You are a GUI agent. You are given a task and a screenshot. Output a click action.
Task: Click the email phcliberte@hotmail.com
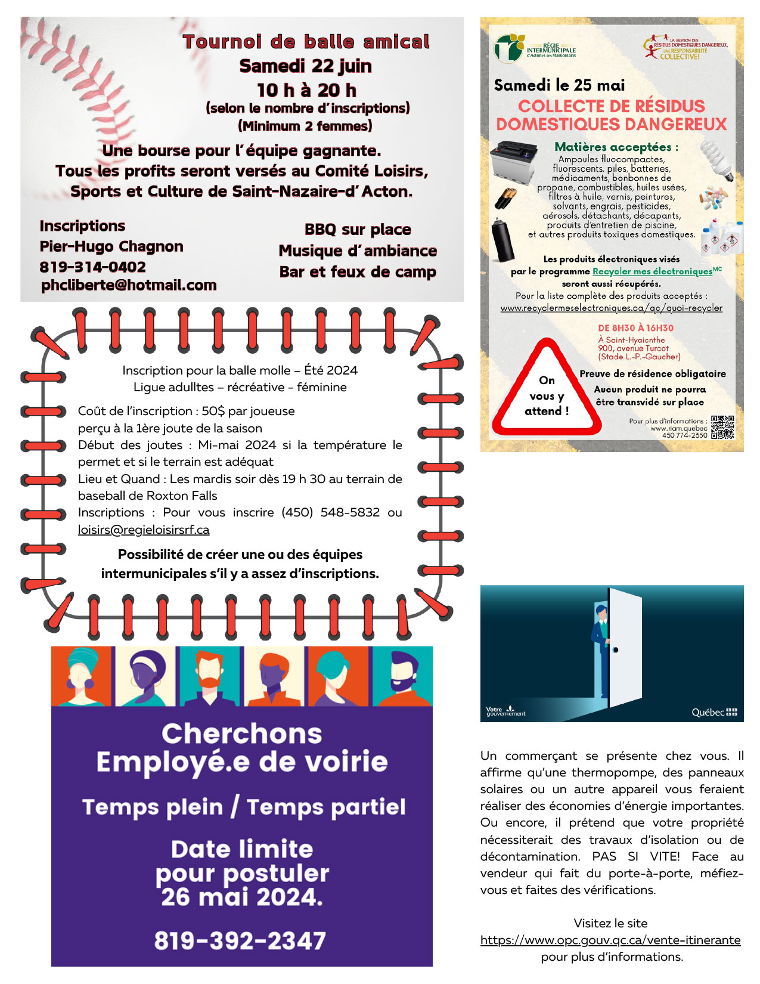click(129, 285)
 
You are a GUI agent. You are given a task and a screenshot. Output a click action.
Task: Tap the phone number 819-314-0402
click(93, 267)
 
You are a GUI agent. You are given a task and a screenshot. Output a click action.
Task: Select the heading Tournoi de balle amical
click(306, 42)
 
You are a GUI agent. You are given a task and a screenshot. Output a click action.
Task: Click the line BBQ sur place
click(358, 230)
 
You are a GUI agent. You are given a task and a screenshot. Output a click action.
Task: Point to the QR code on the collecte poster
click(722, 427)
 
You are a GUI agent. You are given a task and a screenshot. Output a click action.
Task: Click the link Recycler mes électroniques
click(652, 271)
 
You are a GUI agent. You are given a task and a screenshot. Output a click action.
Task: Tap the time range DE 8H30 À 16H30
click(635, 328)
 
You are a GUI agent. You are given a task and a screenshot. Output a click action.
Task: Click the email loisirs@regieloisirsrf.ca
click(144, 530)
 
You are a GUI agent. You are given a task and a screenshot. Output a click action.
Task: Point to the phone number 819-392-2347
click(240, 940)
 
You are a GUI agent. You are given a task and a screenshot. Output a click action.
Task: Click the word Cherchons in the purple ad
click(241, 734)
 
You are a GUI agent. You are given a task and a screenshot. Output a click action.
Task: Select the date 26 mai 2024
click(241, 896)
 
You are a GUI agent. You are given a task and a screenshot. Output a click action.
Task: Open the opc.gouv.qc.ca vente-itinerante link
click(610, 940)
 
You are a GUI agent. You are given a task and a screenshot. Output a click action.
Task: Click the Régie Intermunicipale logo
click(535, 48)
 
